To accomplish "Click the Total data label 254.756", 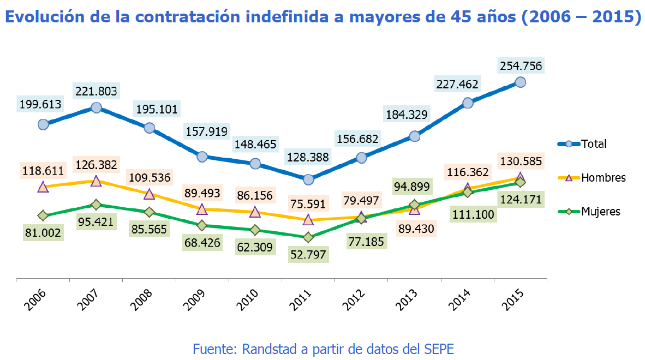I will (521, 66).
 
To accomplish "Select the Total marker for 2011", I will (308, 179).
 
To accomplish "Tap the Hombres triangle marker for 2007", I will (96, 181).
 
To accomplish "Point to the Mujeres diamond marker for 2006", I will (43, 215).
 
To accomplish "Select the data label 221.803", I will (96, 91).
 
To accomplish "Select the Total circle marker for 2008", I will (149, 128).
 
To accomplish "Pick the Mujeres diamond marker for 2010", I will (255, 230).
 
